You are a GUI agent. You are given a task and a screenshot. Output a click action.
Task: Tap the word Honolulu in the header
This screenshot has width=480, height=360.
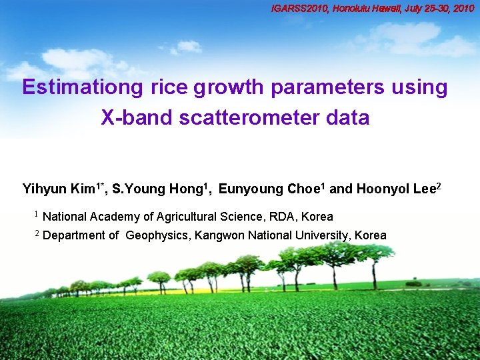tap(354, 9)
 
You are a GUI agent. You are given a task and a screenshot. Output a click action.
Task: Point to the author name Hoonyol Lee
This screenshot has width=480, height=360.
tap(393, 189)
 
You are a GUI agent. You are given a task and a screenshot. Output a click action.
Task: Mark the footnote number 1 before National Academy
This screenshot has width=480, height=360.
tap(37, 215)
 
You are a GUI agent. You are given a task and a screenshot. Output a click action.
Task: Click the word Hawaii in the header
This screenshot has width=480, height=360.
tap(392, 9)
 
